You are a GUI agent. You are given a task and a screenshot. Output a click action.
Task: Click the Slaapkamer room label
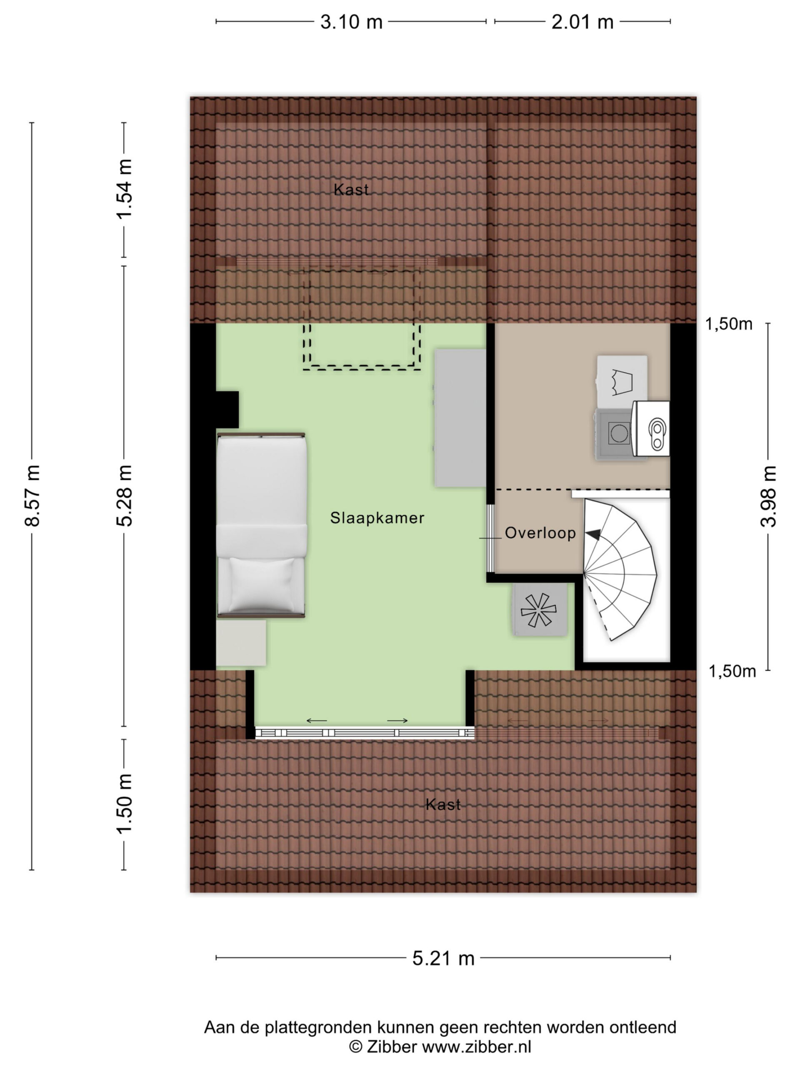point(377,518)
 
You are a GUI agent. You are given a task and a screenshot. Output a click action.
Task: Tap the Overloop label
point(540,533)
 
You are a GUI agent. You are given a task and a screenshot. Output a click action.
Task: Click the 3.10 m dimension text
point(351,22)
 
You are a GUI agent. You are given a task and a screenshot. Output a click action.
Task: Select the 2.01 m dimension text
point(582,22)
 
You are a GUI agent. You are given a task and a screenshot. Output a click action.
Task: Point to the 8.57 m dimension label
point(33,496)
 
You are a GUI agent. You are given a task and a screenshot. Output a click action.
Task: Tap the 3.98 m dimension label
point(768,496)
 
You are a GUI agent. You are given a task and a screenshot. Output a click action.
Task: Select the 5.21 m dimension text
point(443,959)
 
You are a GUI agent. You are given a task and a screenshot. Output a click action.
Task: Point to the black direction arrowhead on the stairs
point(593,534)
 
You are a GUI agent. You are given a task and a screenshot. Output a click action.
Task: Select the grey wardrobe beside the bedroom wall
point(460,417)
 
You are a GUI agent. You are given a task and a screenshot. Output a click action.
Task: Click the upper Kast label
point(351,190)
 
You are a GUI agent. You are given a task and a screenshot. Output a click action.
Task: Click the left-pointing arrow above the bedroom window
point(317,721)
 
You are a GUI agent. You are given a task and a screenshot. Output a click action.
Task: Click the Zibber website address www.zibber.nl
point(476,1047)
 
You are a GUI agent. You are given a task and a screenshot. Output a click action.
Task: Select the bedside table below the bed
point(241,643)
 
